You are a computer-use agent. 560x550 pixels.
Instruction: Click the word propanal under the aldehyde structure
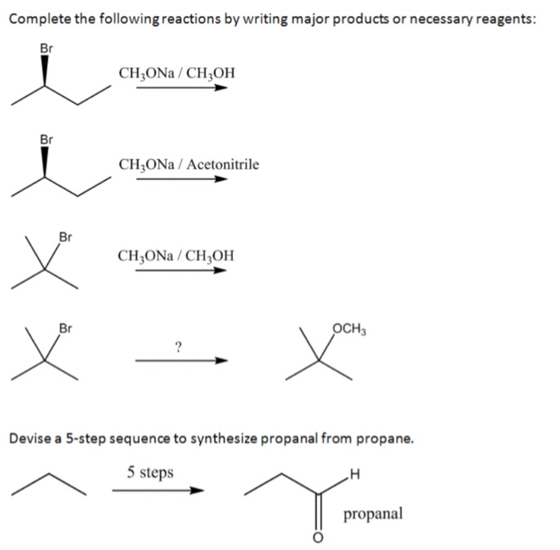pos(374,513)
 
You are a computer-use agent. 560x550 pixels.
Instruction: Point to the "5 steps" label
pos(150,472)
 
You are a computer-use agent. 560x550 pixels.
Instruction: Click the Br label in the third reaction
pos(66,236)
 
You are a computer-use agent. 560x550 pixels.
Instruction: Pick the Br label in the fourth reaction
pos(66,327)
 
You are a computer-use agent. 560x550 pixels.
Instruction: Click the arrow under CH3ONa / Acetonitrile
pos(182,179)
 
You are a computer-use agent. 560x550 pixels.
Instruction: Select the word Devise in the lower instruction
pos(30,439)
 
